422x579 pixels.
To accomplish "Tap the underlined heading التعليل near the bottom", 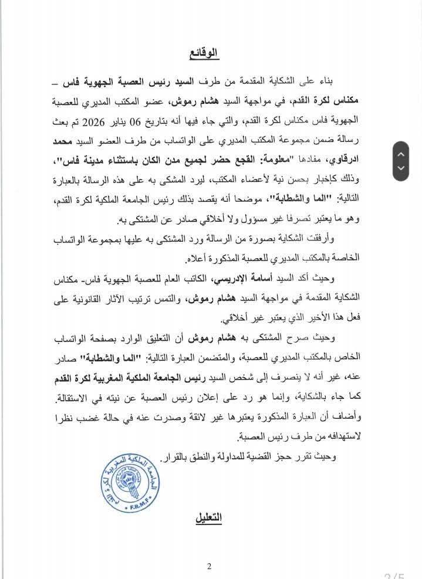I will [x=203, y=518].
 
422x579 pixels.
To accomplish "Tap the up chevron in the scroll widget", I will [x=401, y=154].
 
